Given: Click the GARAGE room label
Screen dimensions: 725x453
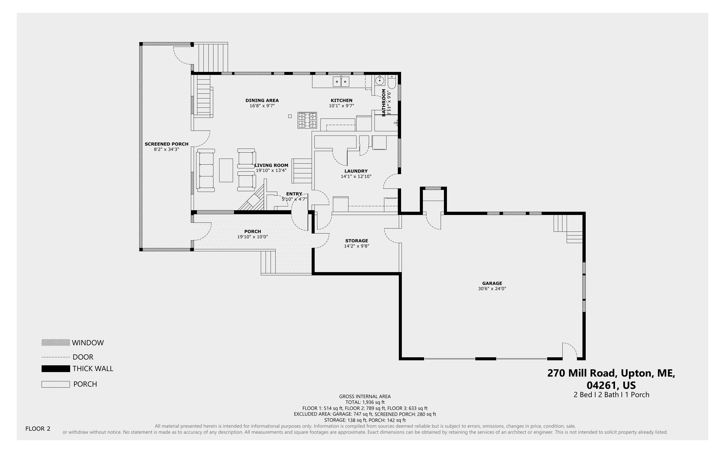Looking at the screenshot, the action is point(492,283).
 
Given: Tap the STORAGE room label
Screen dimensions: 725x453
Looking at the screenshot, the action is point(356,241).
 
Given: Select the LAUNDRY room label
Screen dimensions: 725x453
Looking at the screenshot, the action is point(356,171).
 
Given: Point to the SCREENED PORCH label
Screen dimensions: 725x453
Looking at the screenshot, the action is point(167,144).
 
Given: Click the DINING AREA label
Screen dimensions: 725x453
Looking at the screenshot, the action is point(262,100).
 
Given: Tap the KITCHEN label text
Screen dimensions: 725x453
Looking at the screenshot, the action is point(341,100).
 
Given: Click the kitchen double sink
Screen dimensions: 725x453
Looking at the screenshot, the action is point(341,81).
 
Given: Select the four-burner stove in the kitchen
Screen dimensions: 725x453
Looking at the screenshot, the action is point(307,120).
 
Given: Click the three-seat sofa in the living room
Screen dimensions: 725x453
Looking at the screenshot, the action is point(205,170).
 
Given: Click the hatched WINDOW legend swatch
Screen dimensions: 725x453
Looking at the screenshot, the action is point(56,343).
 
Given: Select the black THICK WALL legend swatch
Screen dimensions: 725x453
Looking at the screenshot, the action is point(56,369).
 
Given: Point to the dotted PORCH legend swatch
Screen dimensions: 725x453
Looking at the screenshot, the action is point(56,384).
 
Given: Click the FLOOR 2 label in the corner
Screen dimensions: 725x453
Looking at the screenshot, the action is point(38,429).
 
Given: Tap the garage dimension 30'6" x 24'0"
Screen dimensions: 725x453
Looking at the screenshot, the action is point(492,289).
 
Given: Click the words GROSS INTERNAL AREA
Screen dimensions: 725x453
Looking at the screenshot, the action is point(365,396).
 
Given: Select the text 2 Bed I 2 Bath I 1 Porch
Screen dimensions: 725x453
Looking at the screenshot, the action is point(611,395).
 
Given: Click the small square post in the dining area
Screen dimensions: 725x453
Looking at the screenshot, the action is point(290,116).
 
